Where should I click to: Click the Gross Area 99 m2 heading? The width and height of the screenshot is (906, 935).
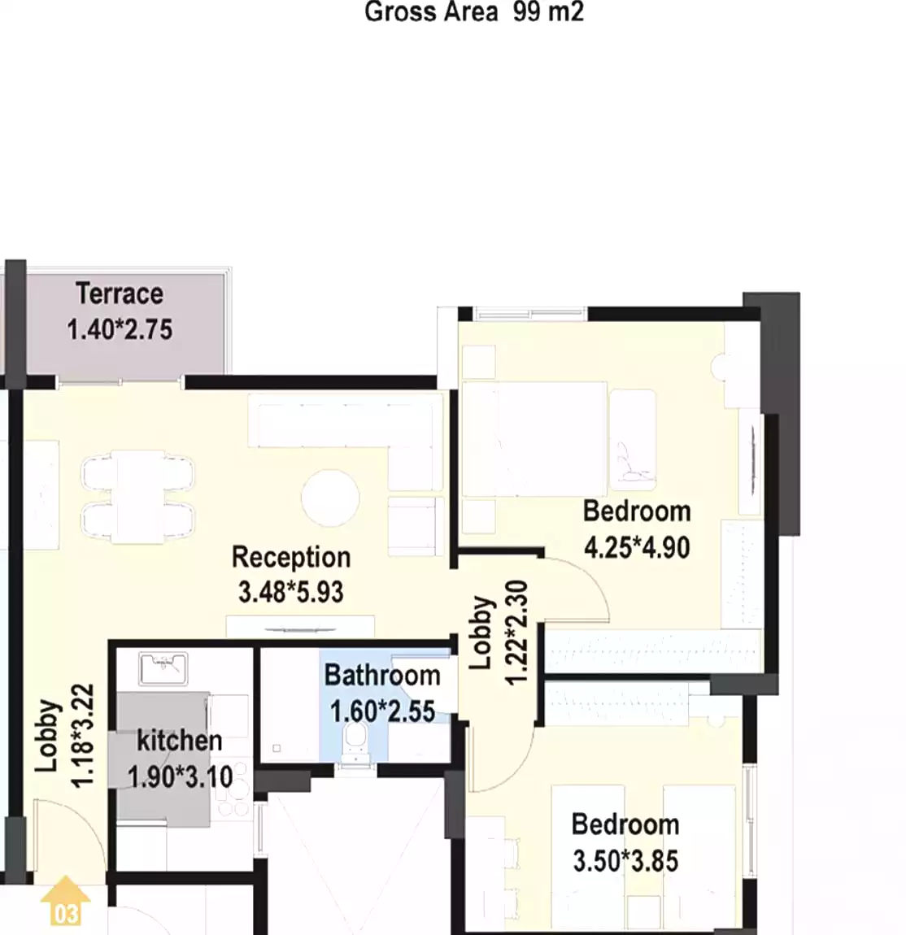tap(474, 12)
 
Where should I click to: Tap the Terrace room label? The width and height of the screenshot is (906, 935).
tap(120, 293)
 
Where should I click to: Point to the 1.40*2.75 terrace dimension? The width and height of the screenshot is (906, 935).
tap(120, 329)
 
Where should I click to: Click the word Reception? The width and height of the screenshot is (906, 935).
tap(291, 557)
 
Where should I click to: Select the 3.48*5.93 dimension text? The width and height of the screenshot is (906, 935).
tap(291, 592)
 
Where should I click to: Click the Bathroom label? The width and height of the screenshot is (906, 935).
tap(382, 675)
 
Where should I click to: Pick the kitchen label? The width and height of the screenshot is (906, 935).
tap(179, 741)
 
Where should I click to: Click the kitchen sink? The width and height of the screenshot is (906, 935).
tap(163, 668)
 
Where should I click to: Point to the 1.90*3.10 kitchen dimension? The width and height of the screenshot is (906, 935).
tap(180, 776)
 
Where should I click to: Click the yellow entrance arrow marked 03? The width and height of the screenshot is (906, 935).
tap(65, 902)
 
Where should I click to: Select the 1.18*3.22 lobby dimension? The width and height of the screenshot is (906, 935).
tap(84, 736)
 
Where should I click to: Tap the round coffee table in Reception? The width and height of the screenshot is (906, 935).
tap(329, 498)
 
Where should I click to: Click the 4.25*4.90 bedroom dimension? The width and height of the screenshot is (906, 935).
tap(637, 546)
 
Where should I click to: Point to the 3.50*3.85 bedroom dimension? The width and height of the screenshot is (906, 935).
tap(625, 860)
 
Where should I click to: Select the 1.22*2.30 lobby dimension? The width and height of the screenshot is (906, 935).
tap(516, 633)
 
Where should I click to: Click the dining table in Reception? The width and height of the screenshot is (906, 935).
tap(138, 498)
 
